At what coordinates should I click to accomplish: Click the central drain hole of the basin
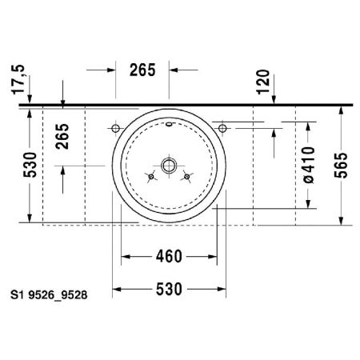pyautogui.click(x=169, y=166)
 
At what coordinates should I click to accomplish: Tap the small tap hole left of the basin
pyautogui.click(x=116, y=128)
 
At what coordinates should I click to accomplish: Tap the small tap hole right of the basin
pyautogui.click(x=223, y=127)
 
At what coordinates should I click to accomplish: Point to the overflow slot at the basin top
pyautogui.click(x=170, y=126)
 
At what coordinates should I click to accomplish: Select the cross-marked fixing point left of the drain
pyautogui.click(x=150, y=176)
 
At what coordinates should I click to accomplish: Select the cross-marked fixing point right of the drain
pyautogui.click(x=189, y=176)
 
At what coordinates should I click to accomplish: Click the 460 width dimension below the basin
pyautogui.click(x=169, y=256)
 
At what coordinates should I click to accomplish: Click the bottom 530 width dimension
pyautogui.click(x=169, y=287)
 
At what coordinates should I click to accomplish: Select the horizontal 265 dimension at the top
pyautogui.click(x=142, y=70)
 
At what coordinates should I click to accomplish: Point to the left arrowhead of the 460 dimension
pyautogui.click(x=126, y=257)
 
